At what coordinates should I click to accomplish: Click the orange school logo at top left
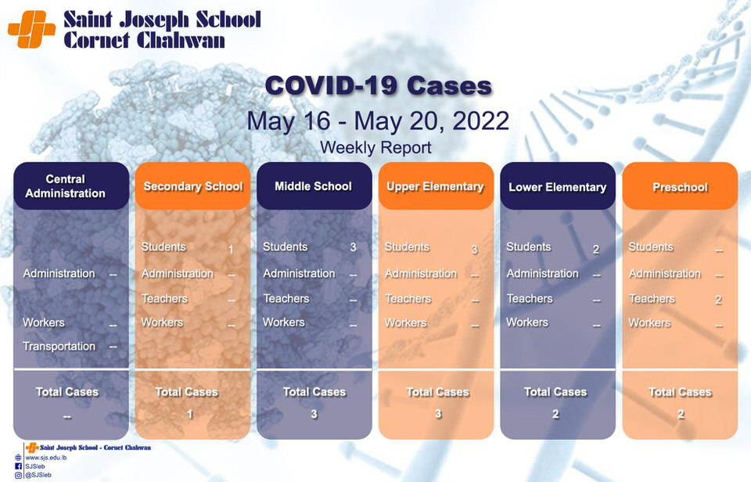pyautogui.click(x=31, y=29)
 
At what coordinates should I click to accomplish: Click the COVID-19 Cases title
pyautogui.click(x=379, y=86)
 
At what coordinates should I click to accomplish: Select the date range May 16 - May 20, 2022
pyautogui.click(x=377, y=120)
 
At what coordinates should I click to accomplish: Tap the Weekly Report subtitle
pyautogui.click(x=375, y=148)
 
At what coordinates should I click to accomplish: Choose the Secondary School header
pyautogui.click(x=192, y=186)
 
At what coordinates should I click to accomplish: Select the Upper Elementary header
pyautogui.click(x=436, y=186)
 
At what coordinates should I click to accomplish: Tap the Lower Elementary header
pyautogui.click(x=558, y=186)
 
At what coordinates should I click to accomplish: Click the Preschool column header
pyautogui.click(x=680, y=186)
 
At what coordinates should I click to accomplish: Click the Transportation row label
pyautogui.click(x=59, y=346)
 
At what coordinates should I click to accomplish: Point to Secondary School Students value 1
pyautogui.click(x=230, y=249)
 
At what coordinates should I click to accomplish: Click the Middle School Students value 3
pyautogui.click(x=353, y=247)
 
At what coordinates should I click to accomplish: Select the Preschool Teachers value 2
pyautogui.click(x=718, y=300)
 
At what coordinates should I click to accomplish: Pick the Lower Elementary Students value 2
pyautogui.click(x=596, y=249)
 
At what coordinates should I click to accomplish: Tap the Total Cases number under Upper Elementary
pyautogui.click(x=438, y=414)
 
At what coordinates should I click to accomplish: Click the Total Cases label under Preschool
pyautogui.click(x=680, y=392)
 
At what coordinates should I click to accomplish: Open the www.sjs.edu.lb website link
pyautogui.click(x=45, y=458)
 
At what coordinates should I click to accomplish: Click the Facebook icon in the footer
pyautogui.click(x=18, y=466)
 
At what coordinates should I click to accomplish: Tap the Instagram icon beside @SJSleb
pyautogui.click(x=18, y=475)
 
